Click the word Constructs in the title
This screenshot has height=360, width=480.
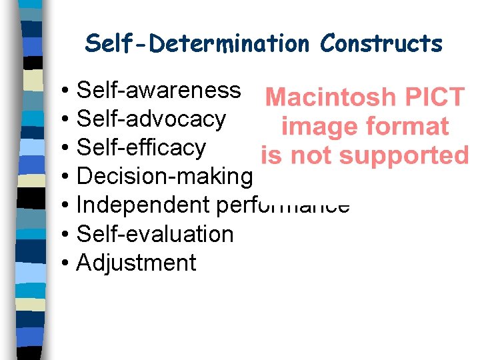(381, 44)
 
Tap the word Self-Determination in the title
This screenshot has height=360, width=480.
(197, 44)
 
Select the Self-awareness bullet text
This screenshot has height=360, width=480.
(159, 89)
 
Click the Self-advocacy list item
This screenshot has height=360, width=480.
(151, 119)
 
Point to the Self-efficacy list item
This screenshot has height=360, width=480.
(141, 147)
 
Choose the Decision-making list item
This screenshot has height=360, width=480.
(165, 176)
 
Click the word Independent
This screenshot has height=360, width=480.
(144, 205)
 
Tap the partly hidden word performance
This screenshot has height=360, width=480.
(283, 205)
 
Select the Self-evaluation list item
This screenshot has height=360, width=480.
(155, 234)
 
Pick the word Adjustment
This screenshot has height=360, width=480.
(137, 263)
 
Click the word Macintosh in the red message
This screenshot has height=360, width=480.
(330, 98)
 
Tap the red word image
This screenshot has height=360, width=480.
(316, 127)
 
